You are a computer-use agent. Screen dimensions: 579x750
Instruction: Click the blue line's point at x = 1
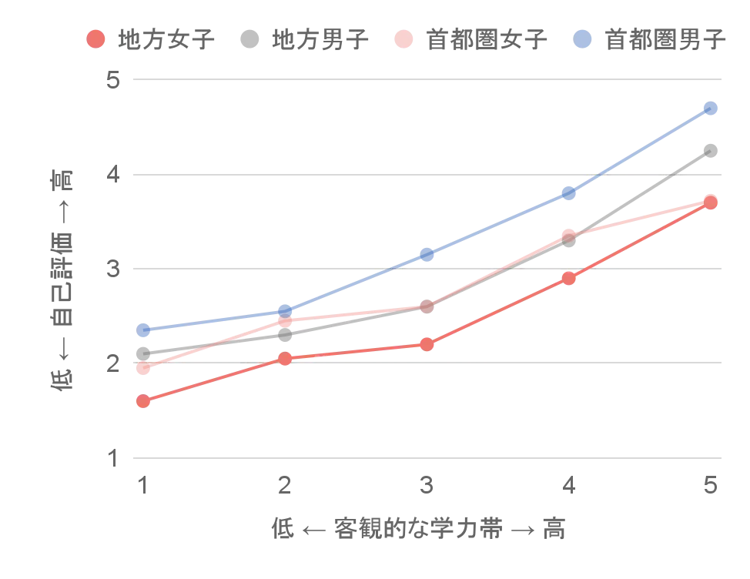click(x=142, y=330)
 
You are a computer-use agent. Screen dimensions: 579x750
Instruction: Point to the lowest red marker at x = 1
click(x=142, y=401)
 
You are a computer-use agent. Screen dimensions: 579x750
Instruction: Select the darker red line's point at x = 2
click(x=285, y=358)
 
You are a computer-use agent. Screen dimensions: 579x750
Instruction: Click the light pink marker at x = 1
click(x=142, y=369)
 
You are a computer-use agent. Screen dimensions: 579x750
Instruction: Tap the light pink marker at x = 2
click(x=285, y=320)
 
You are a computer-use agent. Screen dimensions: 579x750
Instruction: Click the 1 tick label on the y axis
click(x=114, y=455)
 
